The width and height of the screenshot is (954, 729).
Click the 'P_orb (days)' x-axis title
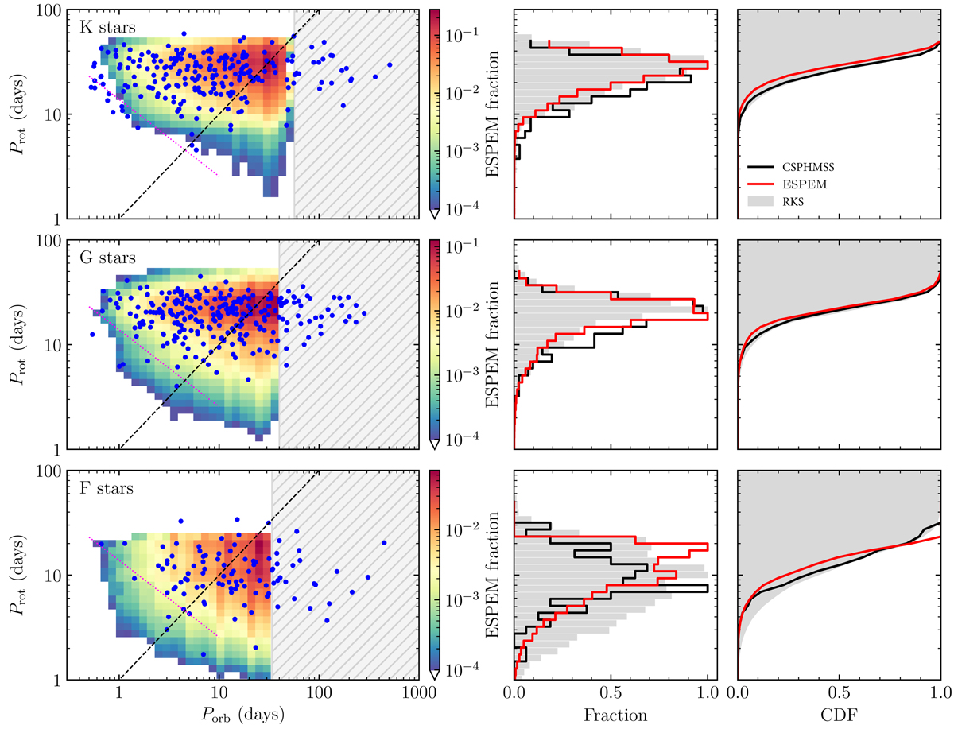pyautogui.click(x=242, y=714)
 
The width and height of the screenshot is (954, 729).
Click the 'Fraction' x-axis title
pyautogui.click(x=615, y=714)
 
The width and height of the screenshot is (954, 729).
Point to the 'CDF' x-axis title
pyautogui.click(x=840, y=714)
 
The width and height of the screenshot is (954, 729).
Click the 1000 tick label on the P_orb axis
pyautogui.click(x=419, y=692)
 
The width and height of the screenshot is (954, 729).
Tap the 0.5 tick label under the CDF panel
pyautogui.click(x=840, y=692)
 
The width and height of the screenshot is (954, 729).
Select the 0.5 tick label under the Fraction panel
pyautogui.click(x=611, y=692)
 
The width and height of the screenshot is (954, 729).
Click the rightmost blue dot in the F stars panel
pyautogui.click(x=384, y=543)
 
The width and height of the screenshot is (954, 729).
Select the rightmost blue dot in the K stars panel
pyautogui.click(x=390, y=64)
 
